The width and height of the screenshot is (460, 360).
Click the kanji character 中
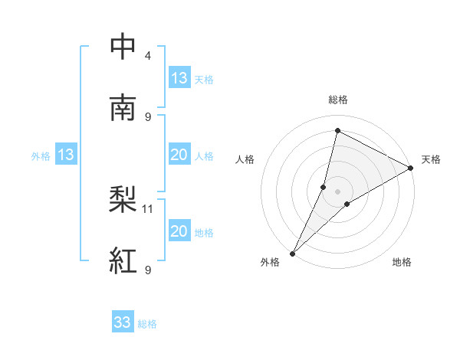[123, 47]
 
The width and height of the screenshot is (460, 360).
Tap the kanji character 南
[123, 108]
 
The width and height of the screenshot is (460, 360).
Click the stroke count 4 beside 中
[148, 56]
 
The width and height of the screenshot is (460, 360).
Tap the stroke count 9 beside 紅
[148, 270]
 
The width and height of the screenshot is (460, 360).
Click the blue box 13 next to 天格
[179, 78]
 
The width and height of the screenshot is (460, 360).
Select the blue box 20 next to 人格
[179, 155]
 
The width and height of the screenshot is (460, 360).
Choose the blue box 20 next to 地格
[179, 231]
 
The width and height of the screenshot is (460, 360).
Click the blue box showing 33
[123, 323]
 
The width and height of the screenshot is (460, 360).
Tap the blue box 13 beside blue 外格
[66, 155]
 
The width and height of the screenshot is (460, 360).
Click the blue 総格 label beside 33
[148, 324]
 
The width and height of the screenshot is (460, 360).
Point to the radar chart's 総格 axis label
[338, 100]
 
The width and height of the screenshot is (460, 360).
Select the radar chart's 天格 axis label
[431, 159]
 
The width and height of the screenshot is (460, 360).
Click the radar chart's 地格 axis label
[402, 262]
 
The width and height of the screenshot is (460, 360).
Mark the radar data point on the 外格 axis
[292, 253]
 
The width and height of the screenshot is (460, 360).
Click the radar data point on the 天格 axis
[411, 168]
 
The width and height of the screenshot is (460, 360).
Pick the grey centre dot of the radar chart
[338, 191]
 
